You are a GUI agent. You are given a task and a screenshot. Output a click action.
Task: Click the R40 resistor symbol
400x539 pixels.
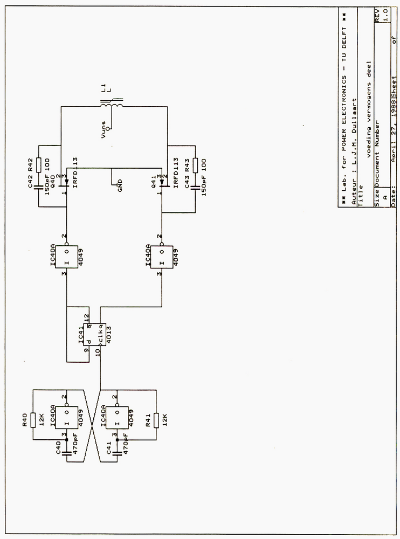[x=33, y=419]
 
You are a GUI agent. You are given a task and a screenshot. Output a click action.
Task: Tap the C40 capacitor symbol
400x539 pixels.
[x=66, y=454]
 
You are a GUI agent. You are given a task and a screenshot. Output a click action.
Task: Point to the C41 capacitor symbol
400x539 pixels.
[x=117, y=454]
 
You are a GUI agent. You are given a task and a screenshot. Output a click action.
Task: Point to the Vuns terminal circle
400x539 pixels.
[x=109, y=128]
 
